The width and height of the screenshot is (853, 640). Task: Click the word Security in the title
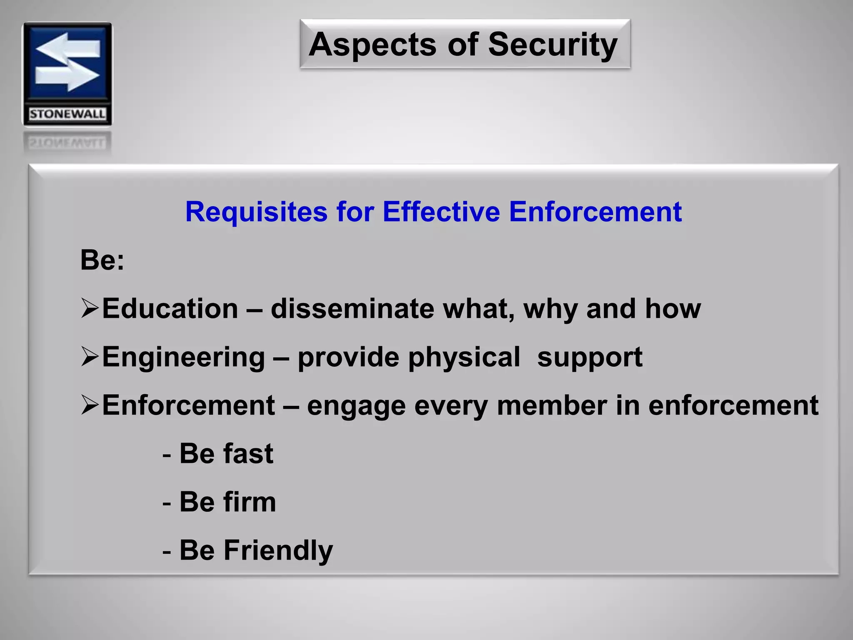coord(552,45)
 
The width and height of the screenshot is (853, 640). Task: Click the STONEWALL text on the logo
coord(67,114)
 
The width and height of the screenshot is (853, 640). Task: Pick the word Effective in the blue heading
coord(441,212)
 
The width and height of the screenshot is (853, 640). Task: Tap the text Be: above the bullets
coord(102,260)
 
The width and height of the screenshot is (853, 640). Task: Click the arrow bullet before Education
coord(90,308)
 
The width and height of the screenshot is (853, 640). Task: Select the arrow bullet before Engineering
coord(90,357)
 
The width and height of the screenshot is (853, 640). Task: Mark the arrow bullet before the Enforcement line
coord(90,405)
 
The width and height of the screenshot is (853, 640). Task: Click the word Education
coord(170,309)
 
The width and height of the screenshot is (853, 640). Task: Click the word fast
coord(248,454)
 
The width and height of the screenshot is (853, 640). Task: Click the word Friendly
coord(278,551)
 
